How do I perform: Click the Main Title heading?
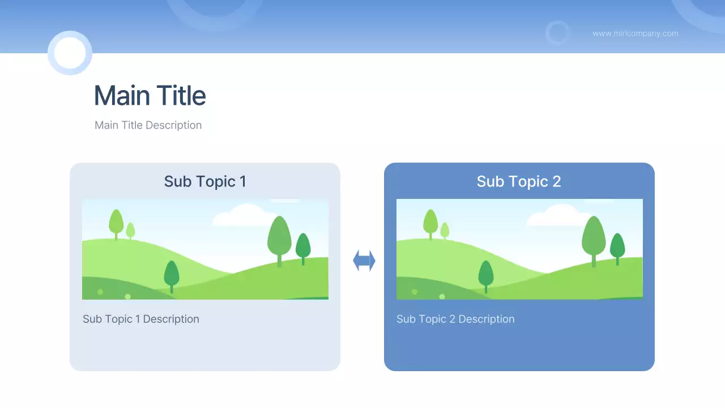150,96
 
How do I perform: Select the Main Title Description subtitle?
148,125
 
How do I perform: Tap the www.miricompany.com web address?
635,33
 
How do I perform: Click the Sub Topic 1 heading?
205,181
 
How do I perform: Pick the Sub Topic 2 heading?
519,181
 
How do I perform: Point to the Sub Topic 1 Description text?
141,319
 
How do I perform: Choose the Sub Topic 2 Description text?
455,319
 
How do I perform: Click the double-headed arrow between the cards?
364,261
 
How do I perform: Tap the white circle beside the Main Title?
70,53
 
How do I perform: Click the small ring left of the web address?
557,33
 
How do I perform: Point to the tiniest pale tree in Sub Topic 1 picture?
130,230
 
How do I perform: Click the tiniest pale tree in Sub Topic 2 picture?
445,230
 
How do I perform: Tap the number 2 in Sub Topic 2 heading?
556,181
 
